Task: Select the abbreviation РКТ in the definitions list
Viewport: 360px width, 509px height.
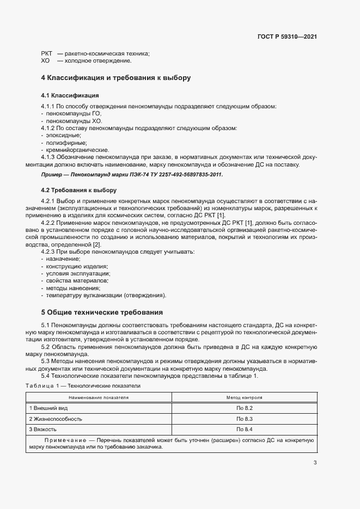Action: (47, 53)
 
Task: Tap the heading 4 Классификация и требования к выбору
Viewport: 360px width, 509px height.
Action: (116, 78)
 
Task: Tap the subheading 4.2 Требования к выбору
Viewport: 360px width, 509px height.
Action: (78, 190)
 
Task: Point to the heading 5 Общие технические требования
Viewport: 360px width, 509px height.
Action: (101, 312)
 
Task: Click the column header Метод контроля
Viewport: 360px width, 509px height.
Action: (245, 397)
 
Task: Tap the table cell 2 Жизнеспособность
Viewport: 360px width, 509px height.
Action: (56, 419)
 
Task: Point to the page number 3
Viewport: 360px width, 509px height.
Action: (315, 463)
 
